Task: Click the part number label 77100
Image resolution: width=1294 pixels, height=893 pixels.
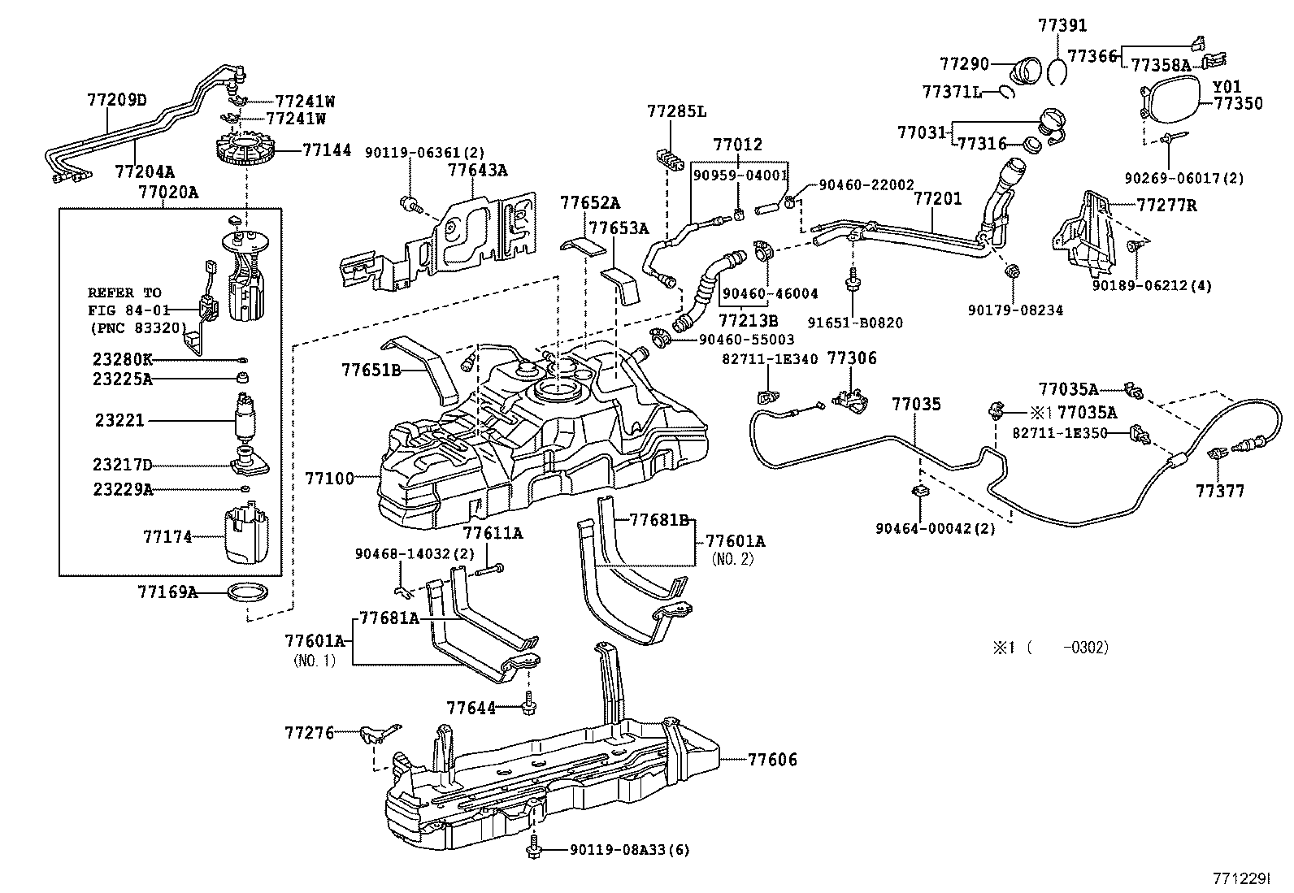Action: pos(329,479)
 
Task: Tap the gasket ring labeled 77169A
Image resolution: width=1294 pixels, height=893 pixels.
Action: pos(247,592)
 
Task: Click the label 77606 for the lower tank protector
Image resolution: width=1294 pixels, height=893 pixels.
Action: pos(772,761)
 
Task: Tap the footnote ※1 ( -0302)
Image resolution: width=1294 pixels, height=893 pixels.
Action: pos(1049,648)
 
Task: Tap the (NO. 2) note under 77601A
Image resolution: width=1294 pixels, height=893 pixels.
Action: pos(733,559)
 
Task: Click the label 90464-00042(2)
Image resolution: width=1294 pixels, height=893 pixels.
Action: pos(936,529)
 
